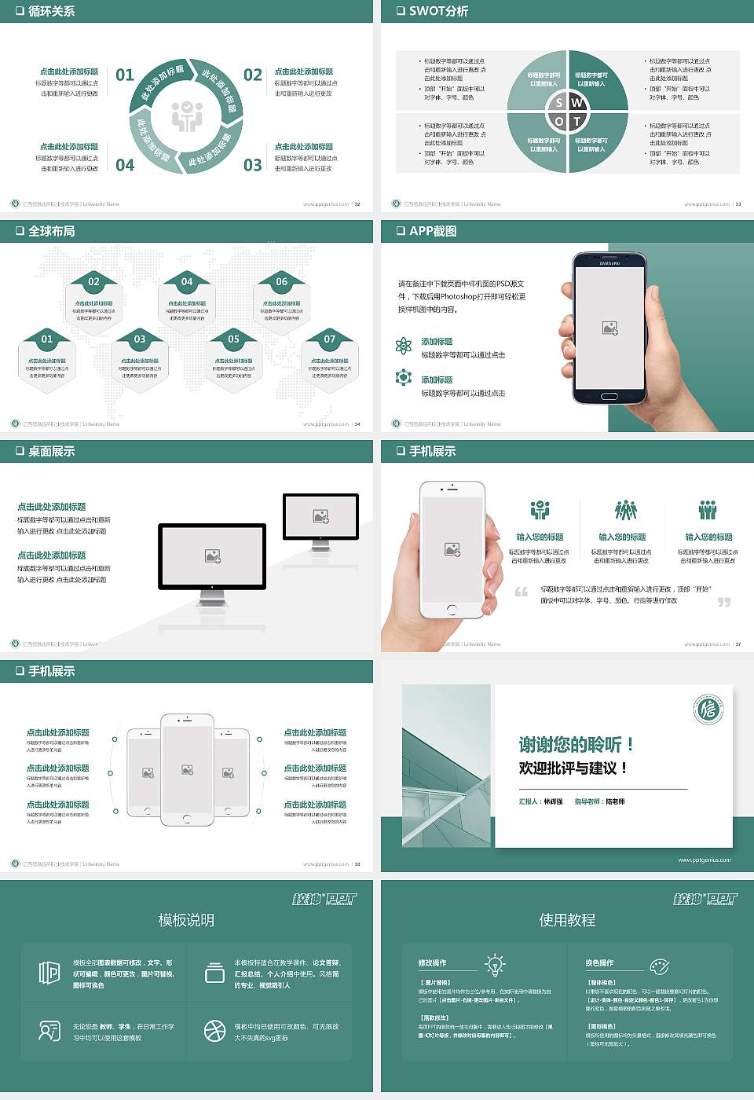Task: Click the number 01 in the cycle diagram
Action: (125, 75)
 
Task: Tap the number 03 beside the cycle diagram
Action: (252, 165)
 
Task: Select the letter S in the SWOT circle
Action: (559, 103)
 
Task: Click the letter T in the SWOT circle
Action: (577, 121)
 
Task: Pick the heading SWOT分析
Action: (438, 11)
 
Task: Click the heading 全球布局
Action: (52, 231)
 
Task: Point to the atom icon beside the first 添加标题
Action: (404, 346)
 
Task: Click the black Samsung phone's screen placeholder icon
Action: (609, 328)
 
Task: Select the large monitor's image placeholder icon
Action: (212, 555)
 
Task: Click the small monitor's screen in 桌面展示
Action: (320, 516)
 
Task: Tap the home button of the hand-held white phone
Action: (452, 610)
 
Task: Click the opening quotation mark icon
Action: (522, 592)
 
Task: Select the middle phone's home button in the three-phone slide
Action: (187, 818)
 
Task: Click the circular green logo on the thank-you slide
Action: (708, 709)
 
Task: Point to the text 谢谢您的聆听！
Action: (576, 744)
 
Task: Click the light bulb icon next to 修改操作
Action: (495, 964)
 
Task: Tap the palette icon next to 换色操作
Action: (659, 966)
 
